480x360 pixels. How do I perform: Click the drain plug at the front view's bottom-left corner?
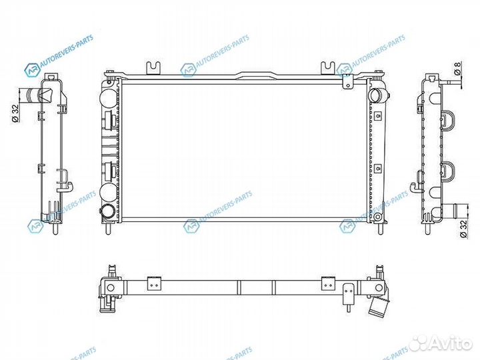point(107,213)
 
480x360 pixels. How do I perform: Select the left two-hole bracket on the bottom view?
point(154,282)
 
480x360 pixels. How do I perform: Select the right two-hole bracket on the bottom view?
point(327,282)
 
